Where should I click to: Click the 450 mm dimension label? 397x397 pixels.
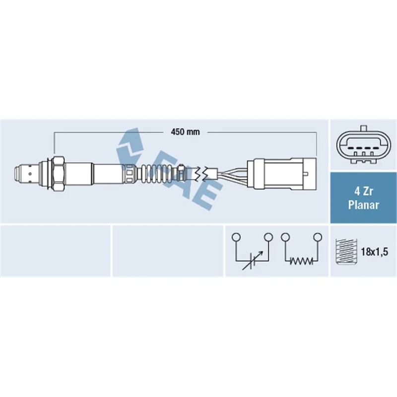(185, 132)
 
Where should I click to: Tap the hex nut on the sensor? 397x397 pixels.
(59, 173)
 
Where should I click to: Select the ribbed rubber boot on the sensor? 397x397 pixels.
(156, 173)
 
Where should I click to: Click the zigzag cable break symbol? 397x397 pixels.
(202, 173)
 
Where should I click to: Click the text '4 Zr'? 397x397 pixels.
(363, 192)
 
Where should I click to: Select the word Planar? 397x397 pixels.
(363, 204)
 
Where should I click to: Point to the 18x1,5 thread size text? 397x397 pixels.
(375, 252)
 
